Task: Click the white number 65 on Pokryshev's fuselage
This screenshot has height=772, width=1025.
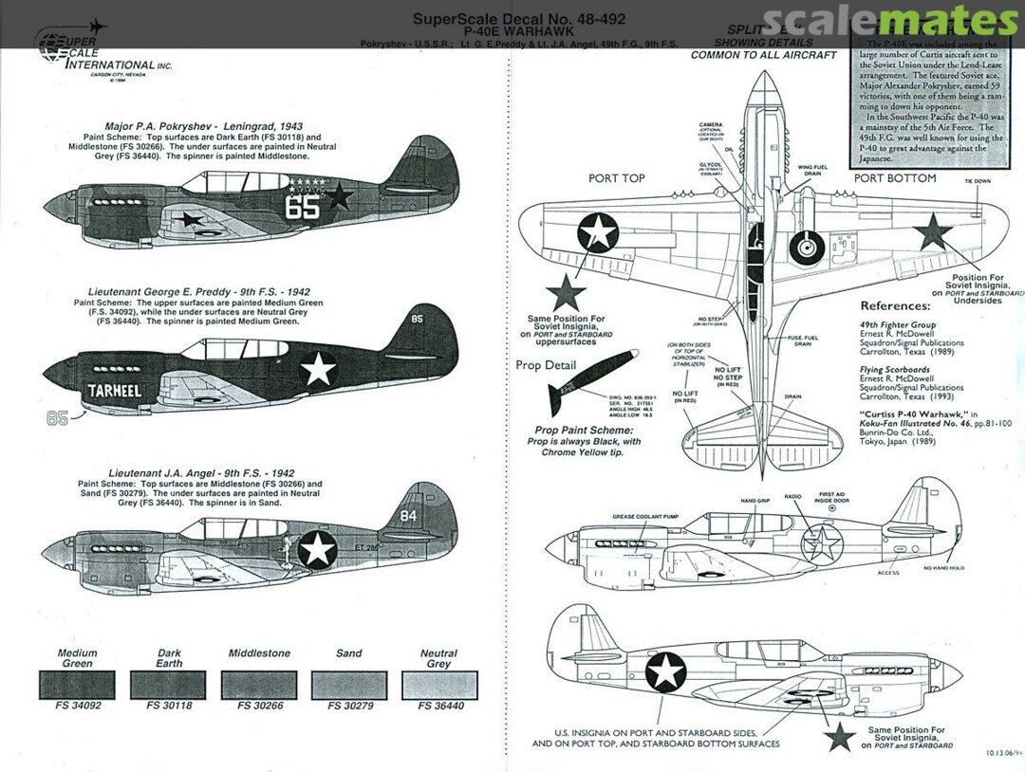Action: pos(302,207)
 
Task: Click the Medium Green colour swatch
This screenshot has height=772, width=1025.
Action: pos(77,685)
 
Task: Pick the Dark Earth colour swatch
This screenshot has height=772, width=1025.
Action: pos(168,685)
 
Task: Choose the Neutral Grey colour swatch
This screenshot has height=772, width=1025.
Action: pos(438,685)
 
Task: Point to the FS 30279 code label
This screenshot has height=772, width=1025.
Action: pos(348,707)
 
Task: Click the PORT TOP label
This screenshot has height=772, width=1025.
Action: pos(616,177)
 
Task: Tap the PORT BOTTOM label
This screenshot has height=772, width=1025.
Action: pos(894,177)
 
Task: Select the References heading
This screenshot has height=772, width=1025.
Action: pos(894,306)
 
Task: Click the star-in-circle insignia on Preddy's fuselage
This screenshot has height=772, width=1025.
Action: pos(319,368)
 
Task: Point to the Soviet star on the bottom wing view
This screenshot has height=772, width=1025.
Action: pos(933,231)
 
